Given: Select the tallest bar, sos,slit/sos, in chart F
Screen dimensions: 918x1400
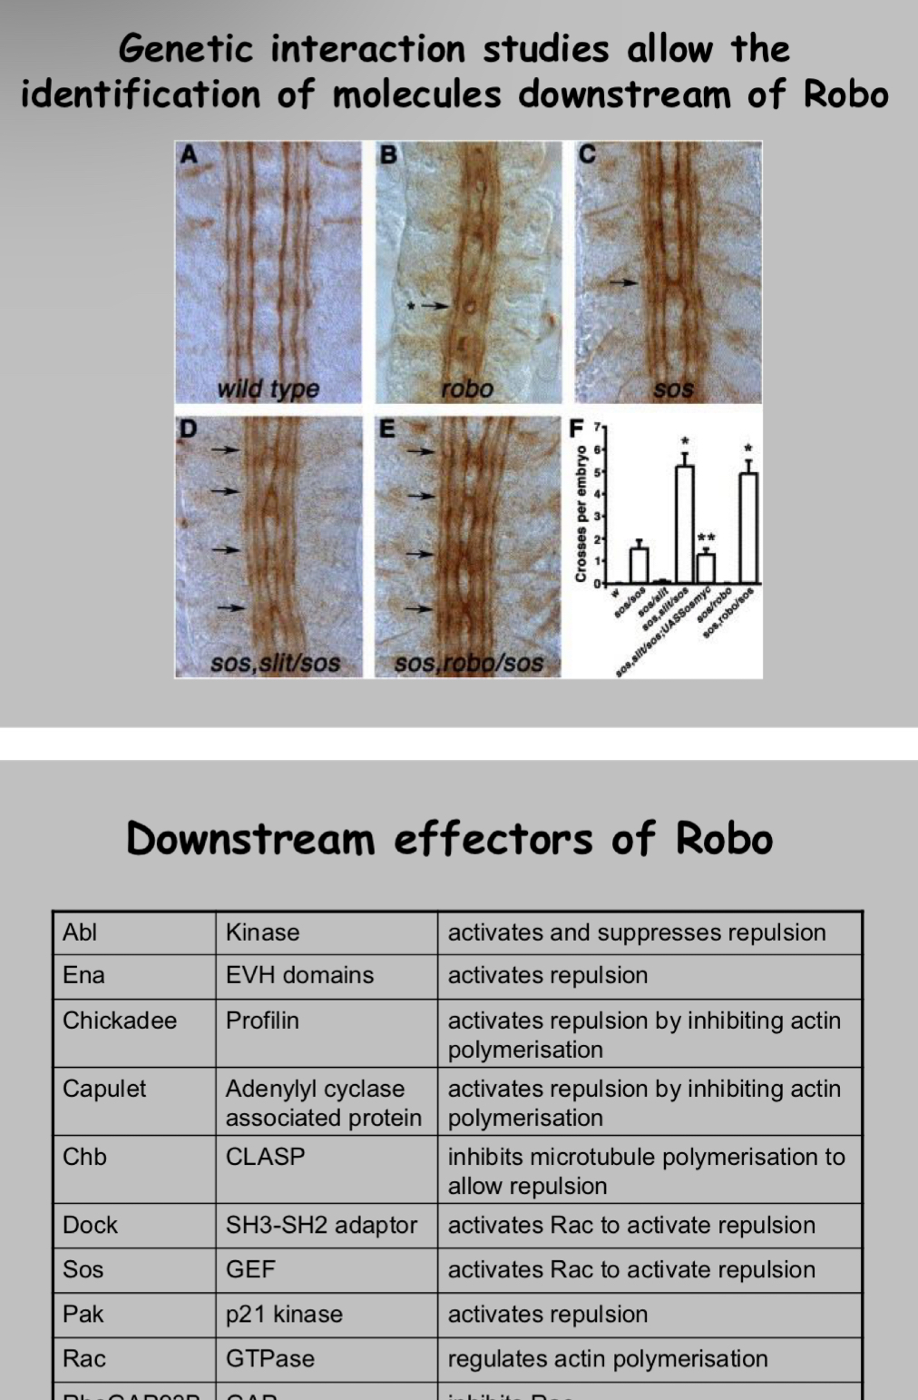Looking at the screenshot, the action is [x=685, y=524].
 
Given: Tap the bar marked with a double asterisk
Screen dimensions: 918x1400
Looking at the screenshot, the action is [x=706, y=567].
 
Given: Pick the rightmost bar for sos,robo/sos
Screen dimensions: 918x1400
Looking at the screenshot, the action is [x=748, y=527].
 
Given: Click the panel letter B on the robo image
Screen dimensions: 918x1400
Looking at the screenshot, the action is [x=388, y=155].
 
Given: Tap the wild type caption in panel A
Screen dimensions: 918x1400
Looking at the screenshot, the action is [x=268, y=389].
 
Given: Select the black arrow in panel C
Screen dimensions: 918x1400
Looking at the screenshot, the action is [x=622, y=282].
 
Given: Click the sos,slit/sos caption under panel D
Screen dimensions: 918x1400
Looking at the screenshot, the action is [x=275, y=663].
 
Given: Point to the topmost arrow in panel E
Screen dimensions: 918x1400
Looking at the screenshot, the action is [x=420, y=450].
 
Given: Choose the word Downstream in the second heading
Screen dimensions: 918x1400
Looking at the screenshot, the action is [x=250, y=838].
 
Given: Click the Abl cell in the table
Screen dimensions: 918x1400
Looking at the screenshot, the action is [x=80, y=932].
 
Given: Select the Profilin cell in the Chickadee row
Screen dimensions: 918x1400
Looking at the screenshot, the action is [x=262, y=1020].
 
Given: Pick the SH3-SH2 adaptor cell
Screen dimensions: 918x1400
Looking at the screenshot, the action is [x=321, y=1225].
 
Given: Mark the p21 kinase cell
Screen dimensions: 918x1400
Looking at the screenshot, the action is [x=284, y=1314].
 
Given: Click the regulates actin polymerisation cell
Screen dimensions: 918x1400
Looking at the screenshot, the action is [x=608, y=1358].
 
